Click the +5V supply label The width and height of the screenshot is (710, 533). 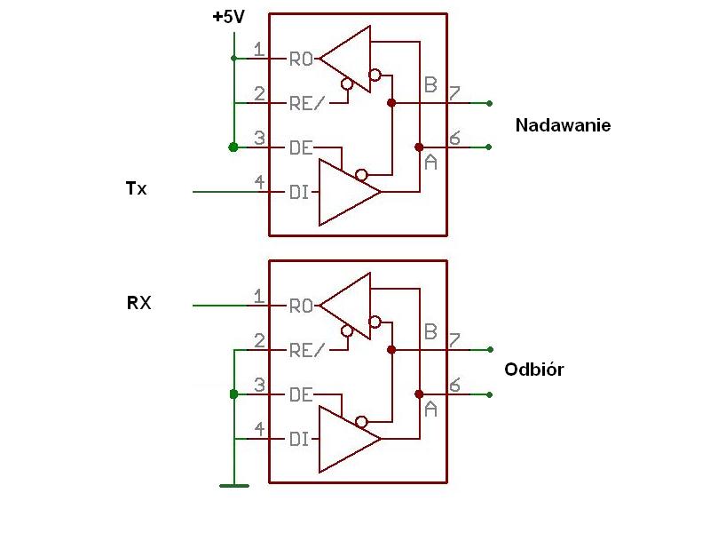pos(229,17)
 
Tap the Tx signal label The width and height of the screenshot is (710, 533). pos(137,188)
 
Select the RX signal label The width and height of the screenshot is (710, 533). pos(138,303)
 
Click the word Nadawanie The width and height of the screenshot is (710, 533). pos(563,125)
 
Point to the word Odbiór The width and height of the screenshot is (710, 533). pos(534,370)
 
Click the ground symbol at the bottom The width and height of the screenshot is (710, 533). pos(234,486)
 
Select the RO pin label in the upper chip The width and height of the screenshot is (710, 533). pos(301,59)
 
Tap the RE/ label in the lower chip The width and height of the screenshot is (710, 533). pos(307,350)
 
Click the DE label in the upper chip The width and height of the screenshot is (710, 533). pos(301,147)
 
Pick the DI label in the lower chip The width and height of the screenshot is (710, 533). pos(299,439)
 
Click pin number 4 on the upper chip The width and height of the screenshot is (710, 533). pos(259,182)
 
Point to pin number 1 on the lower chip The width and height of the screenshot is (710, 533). pos(258,297)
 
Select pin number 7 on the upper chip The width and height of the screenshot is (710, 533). pos(454,93)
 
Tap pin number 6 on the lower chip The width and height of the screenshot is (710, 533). pos(454,385)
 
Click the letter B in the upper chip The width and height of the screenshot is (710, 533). pos(430,84)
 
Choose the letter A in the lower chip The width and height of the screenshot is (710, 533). pos(430,410)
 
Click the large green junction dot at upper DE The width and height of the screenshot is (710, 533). pos(233,147)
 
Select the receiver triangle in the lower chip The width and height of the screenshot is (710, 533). pos(346,306)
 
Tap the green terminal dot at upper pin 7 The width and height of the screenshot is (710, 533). pos(489,103)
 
